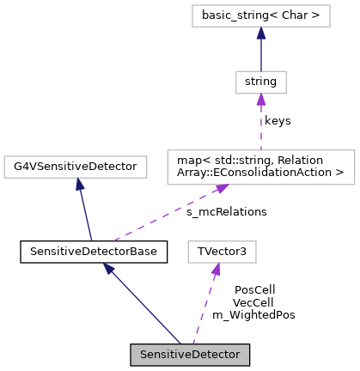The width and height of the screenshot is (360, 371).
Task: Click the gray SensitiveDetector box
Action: point(190,355)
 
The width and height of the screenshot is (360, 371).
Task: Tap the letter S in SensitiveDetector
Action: point(143,355)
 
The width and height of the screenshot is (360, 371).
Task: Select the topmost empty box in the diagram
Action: point(260,15)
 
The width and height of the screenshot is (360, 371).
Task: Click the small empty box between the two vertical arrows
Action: point(260,82)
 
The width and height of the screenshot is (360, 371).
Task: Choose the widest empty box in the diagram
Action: point(260,167)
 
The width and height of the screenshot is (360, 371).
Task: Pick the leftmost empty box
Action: point(76,167)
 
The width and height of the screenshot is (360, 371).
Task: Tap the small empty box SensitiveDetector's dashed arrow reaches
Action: point(222,252)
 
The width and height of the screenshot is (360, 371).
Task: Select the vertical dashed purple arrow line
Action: point(260,125)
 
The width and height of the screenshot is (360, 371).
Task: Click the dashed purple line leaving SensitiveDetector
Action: point(204,309)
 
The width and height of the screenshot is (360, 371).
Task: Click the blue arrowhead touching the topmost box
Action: point(260,33)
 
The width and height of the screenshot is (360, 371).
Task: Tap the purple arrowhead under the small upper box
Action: point(260,100)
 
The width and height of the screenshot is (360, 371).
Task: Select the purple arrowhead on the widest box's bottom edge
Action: point(221,189)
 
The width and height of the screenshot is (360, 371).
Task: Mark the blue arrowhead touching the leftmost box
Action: point(79,184)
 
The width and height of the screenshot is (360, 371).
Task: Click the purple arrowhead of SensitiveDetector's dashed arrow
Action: point(216,270)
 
